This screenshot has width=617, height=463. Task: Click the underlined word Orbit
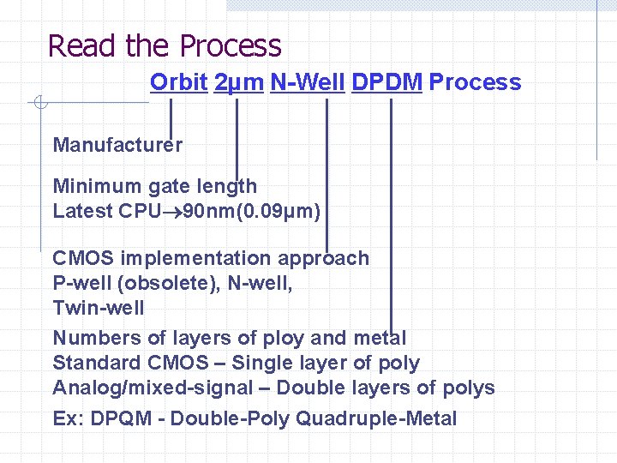tap(178, 82)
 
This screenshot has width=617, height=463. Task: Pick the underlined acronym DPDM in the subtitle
tap(386, 82)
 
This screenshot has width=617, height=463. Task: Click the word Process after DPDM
tap(475, 82)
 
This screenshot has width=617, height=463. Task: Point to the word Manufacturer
tap(117, 145)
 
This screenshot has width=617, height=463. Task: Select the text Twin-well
tap(99, 307)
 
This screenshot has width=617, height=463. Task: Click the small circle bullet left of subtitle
tap(39, 105)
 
